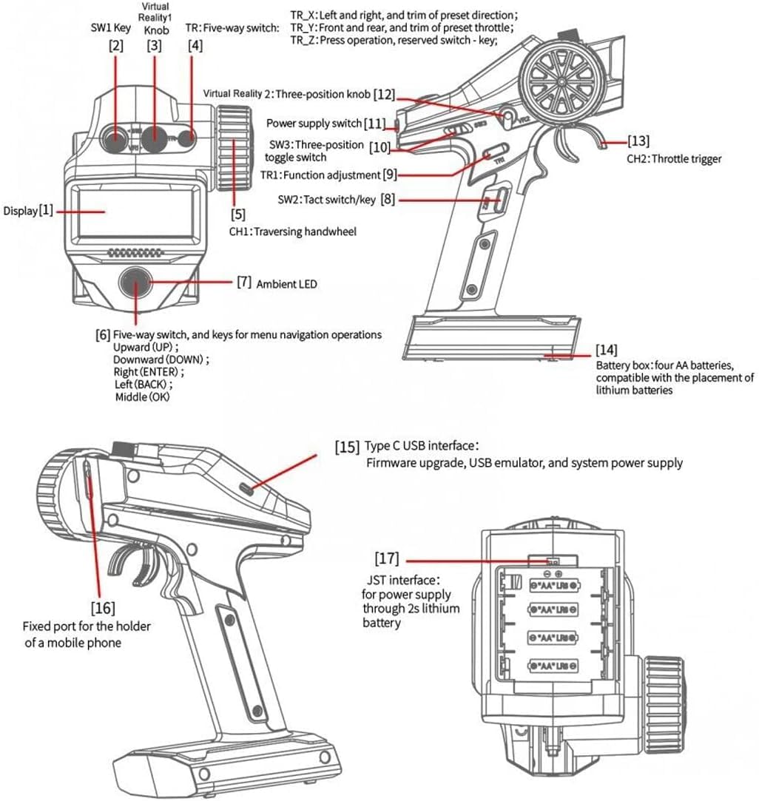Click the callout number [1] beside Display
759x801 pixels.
tap(46, 211)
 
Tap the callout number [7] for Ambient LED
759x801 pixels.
tap(244, 283)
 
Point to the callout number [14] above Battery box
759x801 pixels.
tap(607, 349)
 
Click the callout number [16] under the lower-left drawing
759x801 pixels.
tap(103, 608)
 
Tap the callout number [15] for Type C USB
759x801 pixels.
tap(348, 447)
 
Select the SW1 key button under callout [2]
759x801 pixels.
tap(115, 137)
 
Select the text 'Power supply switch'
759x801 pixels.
tap(314, 123)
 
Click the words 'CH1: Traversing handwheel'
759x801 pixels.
tap(292, 231)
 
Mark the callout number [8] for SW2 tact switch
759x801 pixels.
tap(388, 200)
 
